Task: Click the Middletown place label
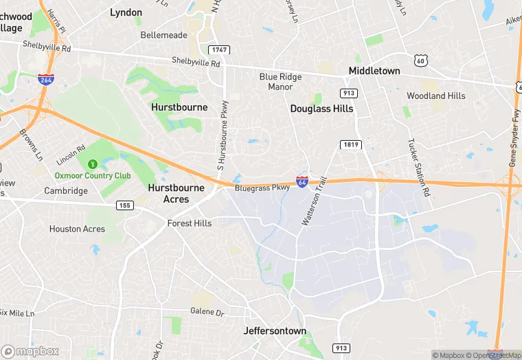click(x=374, y=71)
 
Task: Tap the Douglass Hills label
click(x=321, y=109)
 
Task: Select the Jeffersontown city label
click(x=275, y=330)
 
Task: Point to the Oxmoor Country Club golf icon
click(x=91, y=164)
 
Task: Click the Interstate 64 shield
click(x=302, y=182)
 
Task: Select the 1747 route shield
click(x=220, y=50)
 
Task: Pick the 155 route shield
click(x=125, y=205)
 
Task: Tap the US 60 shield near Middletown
click(x=421, y=60)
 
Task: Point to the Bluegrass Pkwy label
click(x=262, y=187)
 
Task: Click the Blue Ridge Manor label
click(x=280, y=82)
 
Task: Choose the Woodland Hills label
click(x=435, y=96)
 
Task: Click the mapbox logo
click(x=31, y=351)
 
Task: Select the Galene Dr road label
click(x=207, y=313)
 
